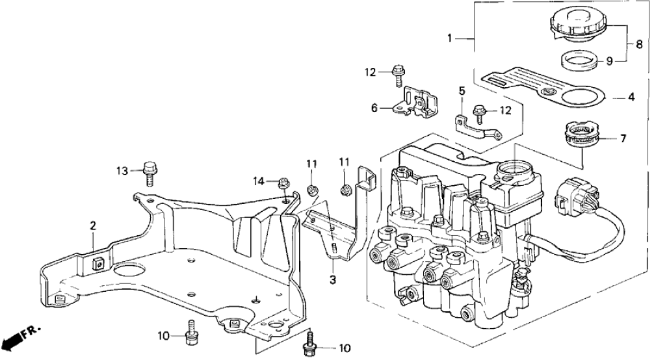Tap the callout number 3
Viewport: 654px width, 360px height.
click(x=333, y=280)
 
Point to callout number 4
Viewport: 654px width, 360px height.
click(x=630, y=98)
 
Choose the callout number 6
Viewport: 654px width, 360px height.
click(x=374, y=109)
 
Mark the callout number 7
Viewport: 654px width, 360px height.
click(x=623, y=138)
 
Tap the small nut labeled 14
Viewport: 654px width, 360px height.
click(x=283, y=184)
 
